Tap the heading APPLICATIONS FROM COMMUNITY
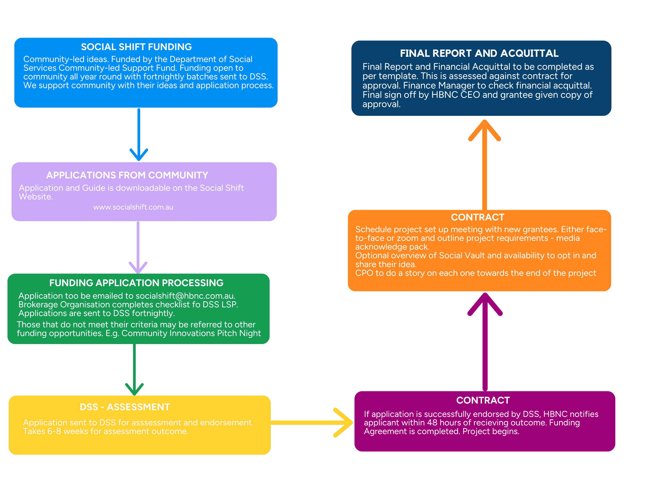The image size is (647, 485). click(127, 175)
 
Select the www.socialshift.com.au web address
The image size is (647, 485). click(133, 207)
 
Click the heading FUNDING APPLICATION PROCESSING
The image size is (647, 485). click(136, 283)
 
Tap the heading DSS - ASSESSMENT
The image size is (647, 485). click(125, 407)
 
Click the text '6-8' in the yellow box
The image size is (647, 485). click(54, 431)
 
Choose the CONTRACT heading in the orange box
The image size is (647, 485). click(478, 217)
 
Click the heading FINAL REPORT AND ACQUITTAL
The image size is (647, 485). click(479, 53)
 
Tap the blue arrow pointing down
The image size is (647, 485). click(139, 134)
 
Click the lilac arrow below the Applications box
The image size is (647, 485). click(138, 247)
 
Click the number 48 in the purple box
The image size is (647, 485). click(432, 423)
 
